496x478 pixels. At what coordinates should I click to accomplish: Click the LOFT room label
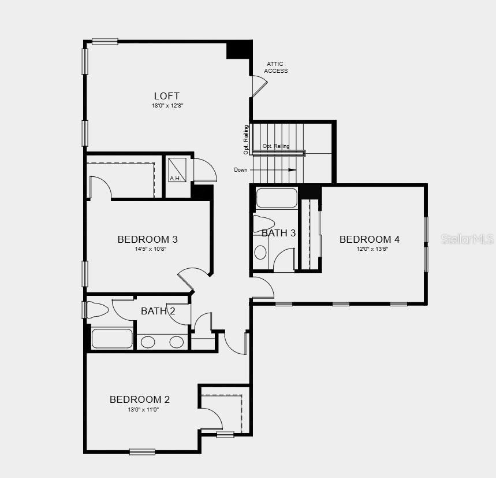[x=166, y=96]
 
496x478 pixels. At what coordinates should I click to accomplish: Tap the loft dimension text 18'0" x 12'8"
[x=167, y=106]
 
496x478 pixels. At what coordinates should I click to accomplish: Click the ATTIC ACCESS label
[x=275, y=67]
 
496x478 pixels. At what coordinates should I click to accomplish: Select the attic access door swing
[x=259, y=86]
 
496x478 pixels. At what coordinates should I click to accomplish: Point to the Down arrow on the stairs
[x=290, y=170]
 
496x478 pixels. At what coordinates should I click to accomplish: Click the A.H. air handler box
[x=178, y=169]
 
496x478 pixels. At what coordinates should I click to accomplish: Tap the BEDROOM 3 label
[x=147, y=239]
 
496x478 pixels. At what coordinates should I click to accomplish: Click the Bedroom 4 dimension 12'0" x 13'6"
[x=369, y=249]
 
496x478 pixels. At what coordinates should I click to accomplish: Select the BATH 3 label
[x=278, y=234]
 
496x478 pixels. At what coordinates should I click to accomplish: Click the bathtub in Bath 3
[x=277, y=198]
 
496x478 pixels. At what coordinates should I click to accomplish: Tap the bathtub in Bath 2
[x=112, y=339]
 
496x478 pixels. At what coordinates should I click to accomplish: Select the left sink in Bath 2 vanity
[x=148, y=342]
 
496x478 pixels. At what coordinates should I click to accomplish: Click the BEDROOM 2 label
[x=140, y=399]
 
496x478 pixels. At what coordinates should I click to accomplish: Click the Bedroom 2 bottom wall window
[x=142, y=451]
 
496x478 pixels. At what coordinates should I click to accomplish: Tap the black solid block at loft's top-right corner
[x=238, y=50]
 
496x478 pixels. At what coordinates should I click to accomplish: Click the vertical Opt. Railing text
[x=246, y=140]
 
